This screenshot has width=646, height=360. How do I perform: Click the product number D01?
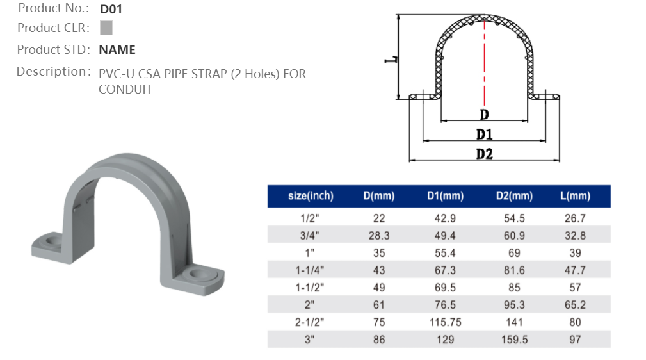click(111, 10)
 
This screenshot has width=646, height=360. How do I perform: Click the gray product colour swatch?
click(106, 28)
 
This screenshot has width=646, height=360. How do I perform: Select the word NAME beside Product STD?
click(117, 49)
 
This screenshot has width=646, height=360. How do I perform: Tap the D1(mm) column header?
click(445, 196)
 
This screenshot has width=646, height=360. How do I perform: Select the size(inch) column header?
click(311, 196)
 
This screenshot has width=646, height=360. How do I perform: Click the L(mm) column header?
click(574, 196)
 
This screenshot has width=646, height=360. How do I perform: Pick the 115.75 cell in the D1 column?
click(445, 322)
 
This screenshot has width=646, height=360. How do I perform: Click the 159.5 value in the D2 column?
click(514, 340)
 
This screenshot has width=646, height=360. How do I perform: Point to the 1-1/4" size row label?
click(311, 270)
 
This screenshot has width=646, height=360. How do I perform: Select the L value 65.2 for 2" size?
click(574, 305)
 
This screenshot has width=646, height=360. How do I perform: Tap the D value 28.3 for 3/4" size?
click(379, 236)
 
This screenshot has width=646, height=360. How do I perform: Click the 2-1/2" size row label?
click(311, 322)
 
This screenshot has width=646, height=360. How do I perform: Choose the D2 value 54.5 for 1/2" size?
click(514, 218)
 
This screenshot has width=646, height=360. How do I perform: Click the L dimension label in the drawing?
click(391, 59)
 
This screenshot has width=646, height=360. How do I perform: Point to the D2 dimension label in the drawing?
click(484, 154)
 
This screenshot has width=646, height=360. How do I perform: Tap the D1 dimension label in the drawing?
click(484, 135)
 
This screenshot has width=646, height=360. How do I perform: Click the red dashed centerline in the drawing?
click(485, 64)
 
